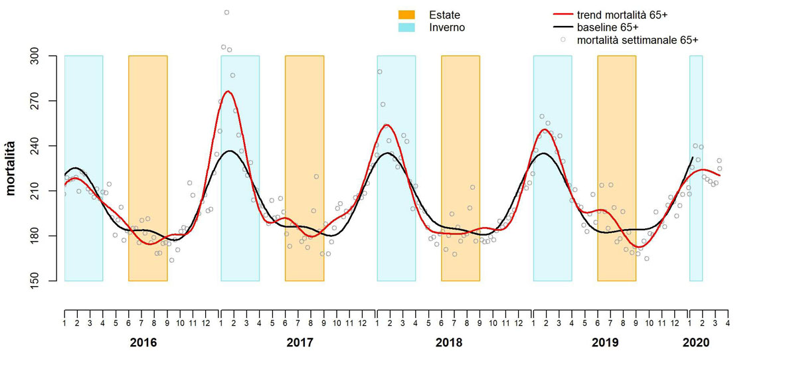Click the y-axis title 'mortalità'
[x=11, y=168]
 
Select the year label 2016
[x=143, y=343]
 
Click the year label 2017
[x=300, y=343]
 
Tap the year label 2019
[x=605, y=343]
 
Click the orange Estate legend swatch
[x=406, y=15]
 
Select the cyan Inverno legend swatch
[x=406, y=27]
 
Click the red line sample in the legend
[x=563, y=15]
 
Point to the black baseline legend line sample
[x=563, y=27]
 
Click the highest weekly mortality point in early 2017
[x=226, y=12]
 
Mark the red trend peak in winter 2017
[x=228, y=92]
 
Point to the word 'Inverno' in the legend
[x=447, y=27]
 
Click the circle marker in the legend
[x=563, y=40]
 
